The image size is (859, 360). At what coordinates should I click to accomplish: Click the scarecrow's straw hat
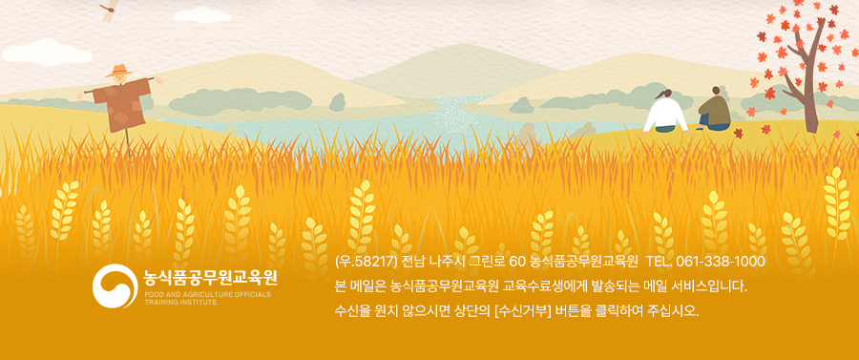tap(119, 71)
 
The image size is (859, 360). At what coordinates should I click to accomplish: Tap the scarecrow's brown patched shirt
tap(121, 104)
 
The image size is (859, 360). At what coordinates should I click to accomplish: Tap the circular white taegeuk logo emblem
tap(115, 286)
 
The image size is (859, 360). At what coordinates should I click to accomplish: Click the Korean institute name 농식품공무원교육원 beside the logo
tap(210, 278)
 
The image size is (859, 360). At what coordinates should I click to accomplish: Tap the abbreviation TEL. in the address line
tap(659, 262)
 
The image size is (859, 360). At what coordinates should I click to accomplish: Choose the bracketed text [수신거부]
tap(521, 312)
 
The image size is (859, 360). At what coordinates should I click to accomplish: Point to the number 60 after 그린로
tap(517, 262)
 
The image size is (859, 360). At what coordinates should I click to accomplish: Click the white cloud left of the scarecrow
tap(47, 53)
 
